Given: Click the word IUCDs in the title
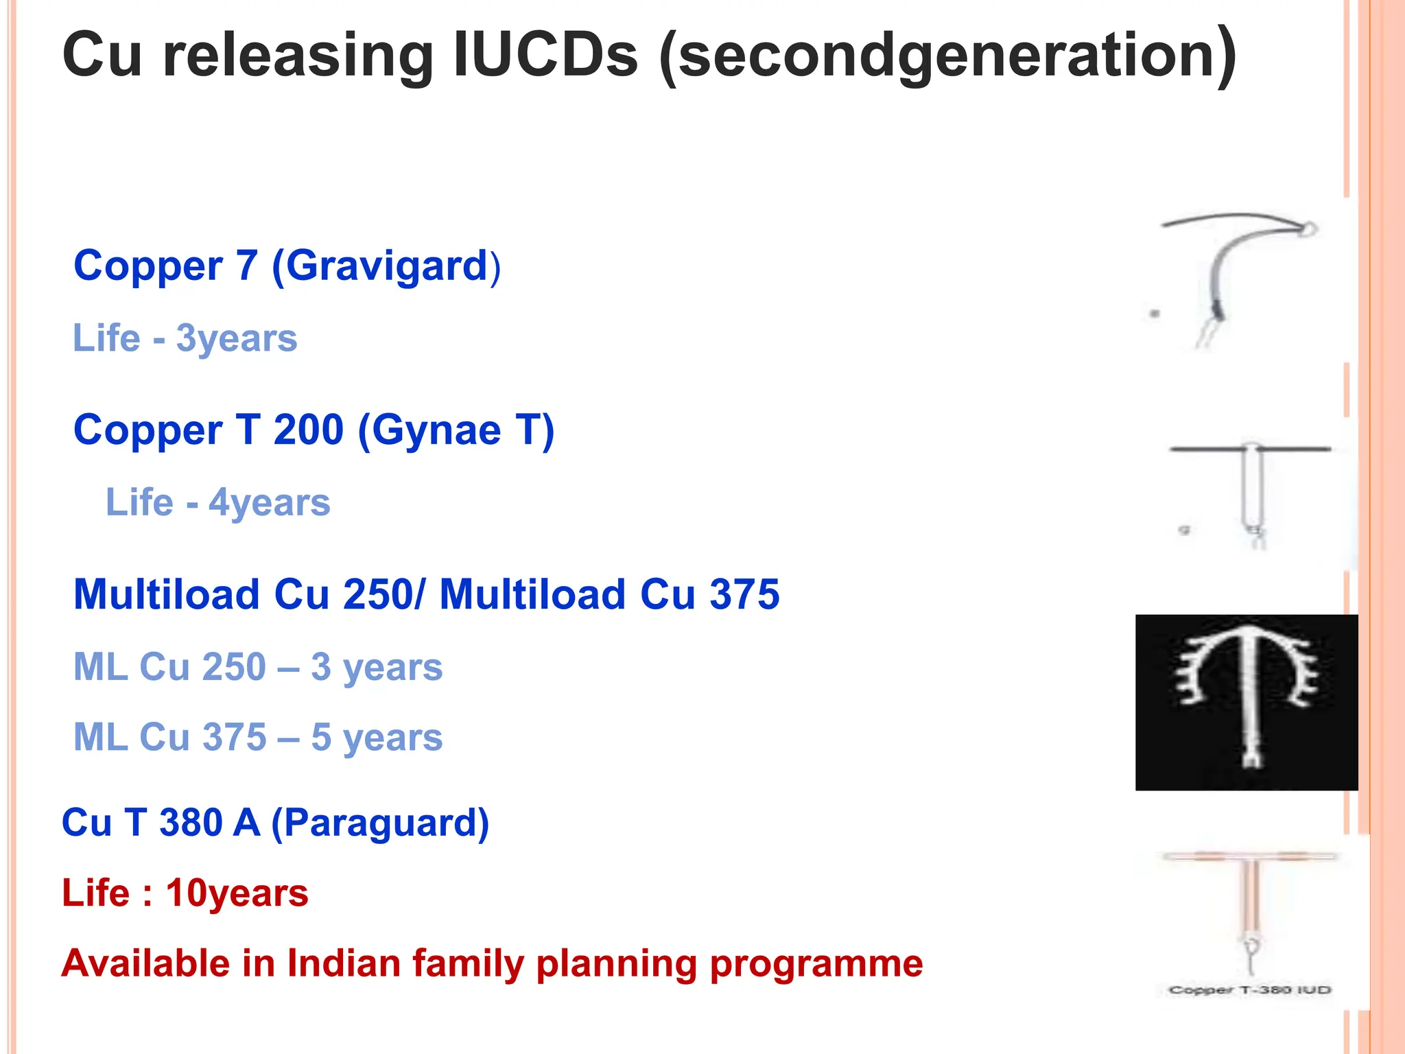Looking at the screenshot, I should pos(545,55).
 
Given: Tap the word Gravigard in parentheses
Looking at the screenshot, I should pos(386,266).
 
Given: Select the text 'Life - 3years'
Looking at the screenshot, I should pos(185,338).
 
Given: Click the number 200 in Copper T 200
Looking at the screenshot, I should pos(308,430).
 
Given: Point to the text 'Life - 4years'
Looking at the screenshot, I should pos(217,503).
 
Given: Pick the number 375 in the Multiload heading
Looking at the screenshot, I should pos(744,594).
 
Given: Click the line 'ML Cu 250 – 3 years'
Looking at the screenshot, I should pos(258,667).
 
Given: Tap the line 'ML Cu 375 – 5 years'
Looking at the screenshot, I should pos(258,738).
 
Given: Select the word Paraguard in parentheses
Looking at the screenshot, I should pos(380,823).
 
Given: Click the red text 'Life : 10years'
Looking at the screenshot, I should pos(185,893).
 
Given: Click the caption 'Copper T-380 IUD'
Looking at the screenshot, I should pos(1250,989).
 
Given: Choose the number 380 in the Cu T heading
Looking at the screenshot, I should pos(190,823).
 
